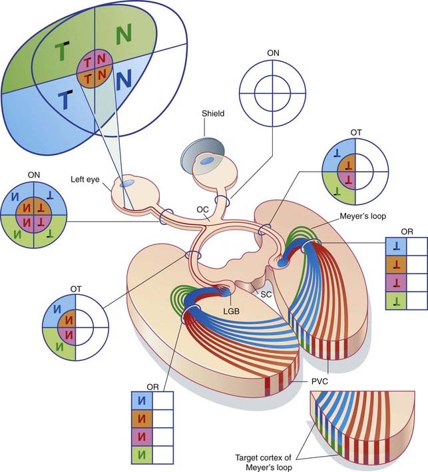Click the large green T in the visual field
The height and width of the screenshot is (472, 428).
pyautogui.click(x=62, y=51)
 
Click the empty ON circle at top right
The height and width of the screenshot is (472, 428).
pyautogui.click(x=273, y=87)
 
